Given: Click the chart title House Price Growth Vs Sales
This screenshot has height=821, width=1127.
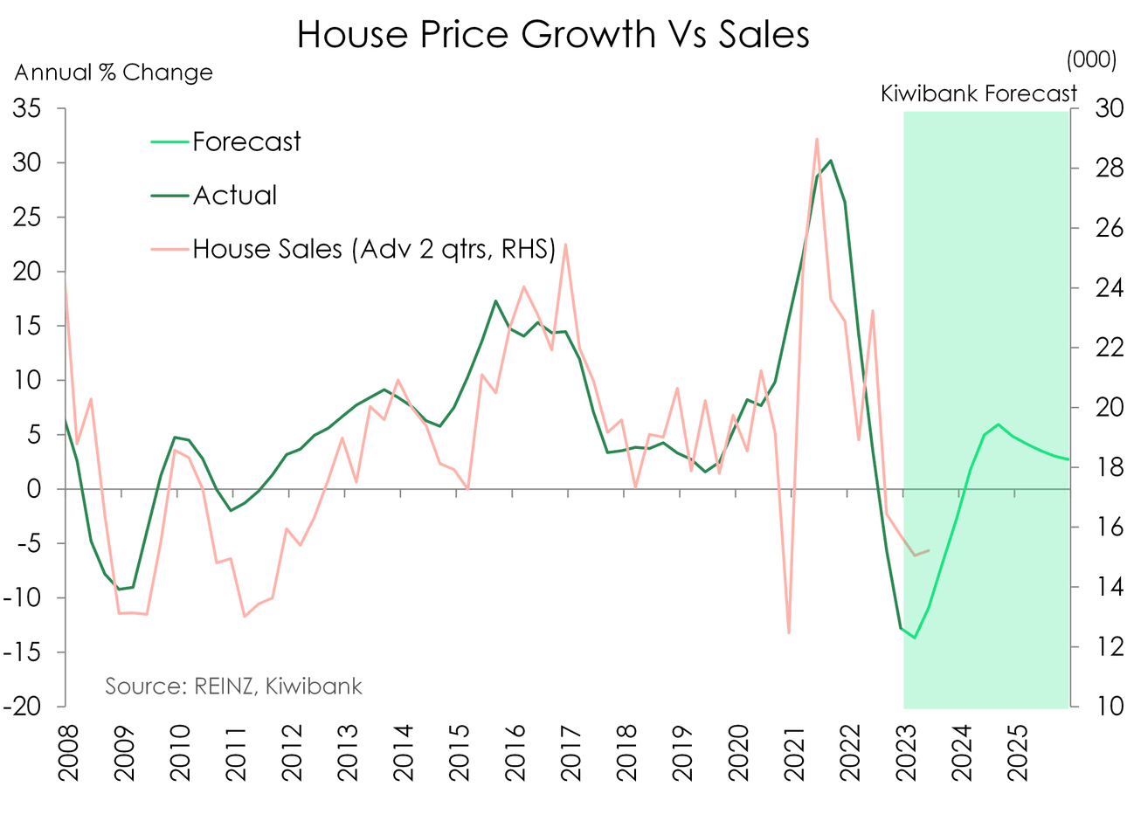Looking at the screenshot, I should (x=553, y=35).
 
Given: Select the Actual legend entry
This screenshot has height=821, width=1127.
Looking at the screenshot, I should (x=234, y=196).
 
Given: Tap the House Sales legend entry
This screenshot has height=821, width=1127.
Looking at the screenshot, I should (x=374, y=250).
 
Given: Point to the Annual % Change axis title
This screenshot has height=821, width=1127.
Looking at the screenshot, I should (x=114, y=72).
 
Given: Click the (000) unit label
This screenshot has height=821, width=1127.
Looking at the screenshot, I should (x=1091, y=59).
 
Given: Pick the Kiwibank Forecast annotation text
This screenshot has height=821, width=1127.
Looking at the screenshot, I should (x=978, y=93).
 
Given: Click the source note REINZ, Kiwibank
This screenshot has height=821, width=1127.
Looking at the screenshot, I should (x=233, y=686).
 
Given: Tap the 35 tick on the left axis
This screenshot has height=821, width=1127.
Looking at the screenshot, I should (x=27, y=109).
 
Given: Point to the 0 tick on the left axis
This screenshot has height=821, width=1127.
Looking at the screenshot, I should (x=34, y=489).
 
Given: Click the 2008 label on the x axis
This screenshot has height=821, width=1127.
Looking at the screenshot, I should (x=67, y=753).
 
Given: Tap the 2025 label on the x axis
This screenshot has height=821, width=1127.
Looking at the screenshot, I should (x=1017, y=753).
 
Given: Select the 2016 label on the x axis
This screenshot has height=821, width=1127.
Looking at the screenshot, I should (x=515, y=753).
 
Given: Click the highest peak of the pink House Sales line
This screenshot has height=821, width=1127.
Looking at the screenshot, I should (x=816, y=139).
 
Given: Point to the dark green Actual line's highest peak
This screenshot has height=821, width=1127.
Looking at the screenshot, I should (x=830, y=161).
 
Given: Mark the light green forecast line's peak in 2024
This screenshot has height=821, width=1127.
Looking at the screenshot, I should (x=998, y=424).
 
